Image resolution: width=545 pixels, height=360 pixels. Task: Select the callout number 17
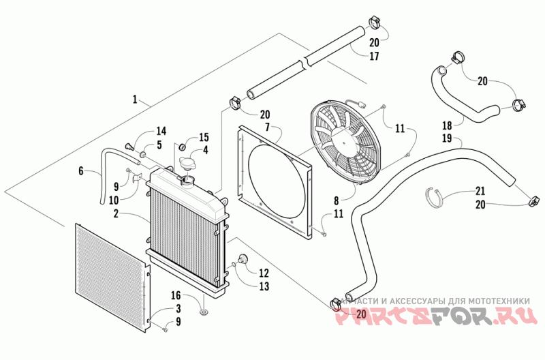[374, 57]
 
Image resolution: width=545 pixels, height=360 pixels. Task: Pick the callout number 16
[176, 295]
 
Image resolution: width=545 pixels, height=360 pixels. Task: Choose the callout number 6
[80, 172]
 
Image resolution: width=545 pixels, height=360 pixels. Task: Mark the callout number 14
[161, 131]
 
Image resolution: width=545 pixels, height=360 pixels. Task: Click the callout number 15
[203, 137]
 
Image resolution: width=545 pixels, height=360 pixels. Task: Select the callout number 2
[116, 214]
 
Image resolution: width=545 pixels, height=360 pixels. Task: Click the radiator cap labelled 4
[187, 164]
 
